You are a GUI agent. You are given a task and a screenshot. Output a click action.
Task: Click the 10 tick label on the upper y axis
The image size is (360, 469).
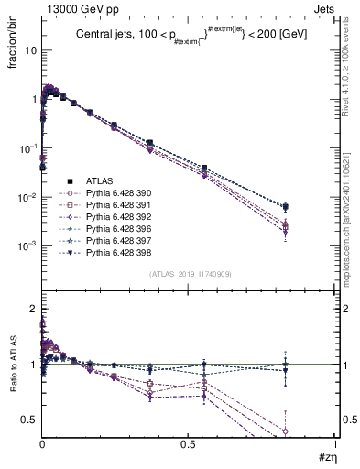click(x=30, y=50)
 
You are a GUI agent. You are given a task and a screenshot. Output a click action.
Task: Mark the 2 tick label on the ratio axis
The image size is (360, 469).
click(x=33, y=310)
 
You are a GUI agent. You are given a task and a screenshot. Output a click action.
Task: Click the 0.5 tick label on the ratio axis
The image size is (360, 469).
click(x=28, y=420)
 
